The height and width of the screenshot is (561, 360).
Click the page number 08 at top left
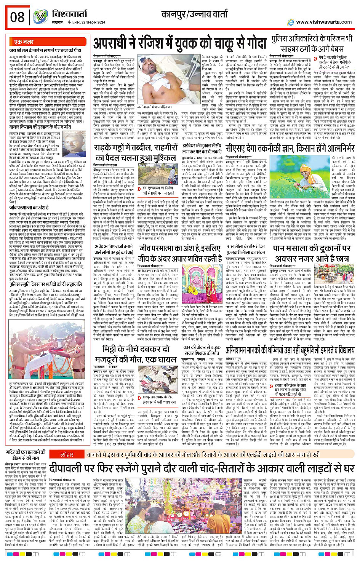18,17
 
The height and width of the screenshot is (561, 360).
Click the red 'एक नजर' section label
24,42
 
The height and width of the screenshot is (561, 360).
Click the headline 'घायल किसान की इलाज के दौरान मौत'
40,126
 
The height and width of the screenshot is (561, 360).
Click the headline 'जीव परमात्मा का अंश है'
29,207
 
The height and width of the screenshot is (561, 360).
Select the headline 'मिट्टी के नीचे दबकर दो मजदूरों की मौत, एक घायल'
136,355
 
